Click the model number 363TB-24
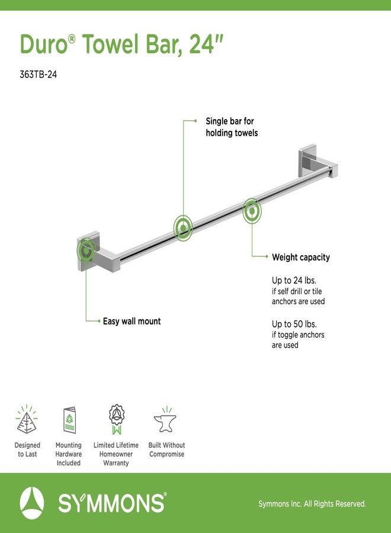click(38, 74)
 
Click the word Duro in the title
click(44, 44)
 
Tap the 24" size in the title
click(206, 44)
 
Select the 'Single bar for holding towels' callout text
click(232, 127)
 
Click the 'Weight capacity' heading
click(301, 258)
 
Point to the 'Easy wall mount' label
click(132, 321)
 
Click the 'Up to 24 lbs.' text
click(294, 281)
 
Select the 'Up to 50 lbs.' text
click(294, 324)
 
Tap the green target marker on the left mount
click(86, 251)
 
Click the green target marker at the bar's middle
click(183, 228)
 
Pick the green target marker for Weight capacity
click(252, 211)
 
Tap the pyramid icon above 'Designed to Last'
click(27, 419)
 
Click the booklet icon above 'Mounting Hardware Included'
click(69, 420)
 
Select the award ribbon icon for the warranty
click(117, 419)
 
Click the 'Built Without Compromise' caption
click(166, 449)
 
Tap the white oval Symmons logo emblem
click(32, 503)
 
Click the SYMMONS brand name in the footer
click(112, 503)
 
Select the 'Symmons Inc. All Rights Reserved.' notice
click(312, 504)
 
